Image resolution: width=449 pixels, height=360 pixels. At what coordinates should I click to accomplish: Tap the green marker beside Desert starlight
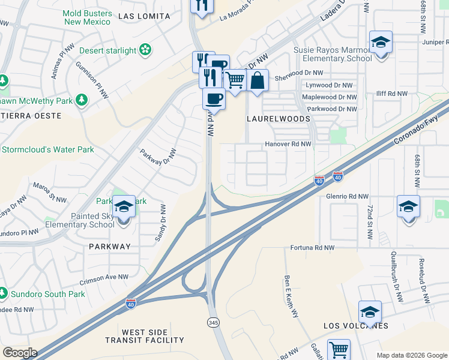point(145,50)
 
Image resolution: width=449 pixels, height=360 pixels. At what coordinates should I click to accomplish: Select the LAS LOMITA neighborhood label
point(145,16)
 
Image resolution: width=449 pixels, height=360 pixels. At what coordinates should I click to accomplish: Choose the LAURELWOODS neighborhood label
point(279,119)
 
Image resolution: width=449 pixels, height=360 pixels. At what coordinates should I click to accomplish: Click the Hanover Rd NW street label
point(288,144)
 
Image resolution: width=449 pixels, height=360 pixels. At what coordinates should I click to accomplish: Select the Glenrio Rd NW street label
point(346,196)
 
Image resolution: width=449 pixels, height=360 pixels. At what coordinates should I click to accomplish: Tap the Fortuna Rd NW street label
point(312,247)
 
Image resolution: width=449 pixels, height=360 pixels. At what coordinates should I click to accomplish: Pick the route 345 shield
point(212,322)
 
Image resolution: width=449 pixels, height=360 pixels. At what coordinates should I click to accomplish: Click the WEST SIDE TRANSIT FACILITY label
point(153,336)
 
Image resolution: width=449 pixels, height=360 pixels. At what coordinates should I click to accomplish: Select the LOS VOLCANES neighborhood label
point(356,326)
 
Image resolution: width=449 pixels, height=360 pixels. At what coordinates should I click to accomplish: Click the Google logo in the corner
point(20,352)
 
